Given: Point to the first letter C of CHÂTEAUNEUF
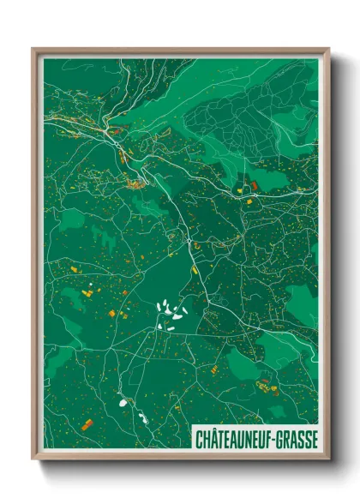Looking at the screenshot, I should coord(198,438).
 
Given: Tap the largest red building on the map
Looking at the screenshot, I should coord(254,183).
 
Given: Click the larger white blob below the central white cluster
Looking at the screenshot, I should coord(122,399).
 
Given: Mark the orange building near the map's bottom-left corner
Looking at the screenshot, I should coord(86,424).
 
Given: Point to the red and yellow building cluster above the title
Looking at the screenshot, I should coord(267,387).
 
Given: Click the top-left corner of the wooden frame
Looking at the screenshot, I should coord(33,49).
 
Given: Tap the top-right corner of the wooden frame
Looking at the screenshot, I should coord(328,49).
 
